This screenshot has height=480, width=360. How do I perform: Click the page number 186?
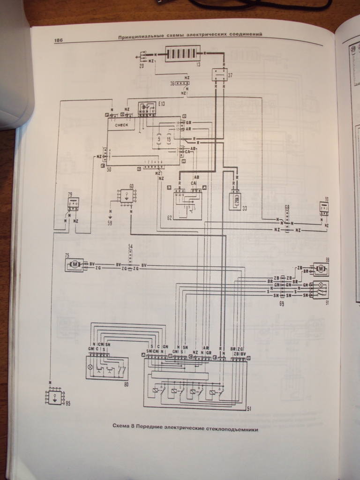coord(59,40)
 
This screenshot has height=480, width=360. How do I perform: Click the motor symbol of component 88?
coord(321,269)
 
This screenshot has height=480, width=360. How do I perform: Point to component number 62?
coord(169,217)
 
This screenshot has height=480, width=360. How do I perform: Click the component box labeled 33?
coord(235,200)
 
